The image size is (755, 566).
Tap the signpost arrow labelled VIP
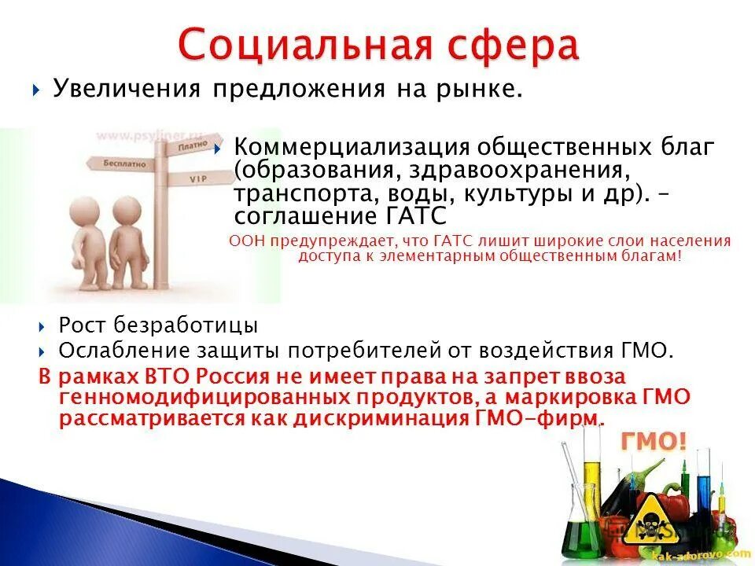[197, 180]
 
